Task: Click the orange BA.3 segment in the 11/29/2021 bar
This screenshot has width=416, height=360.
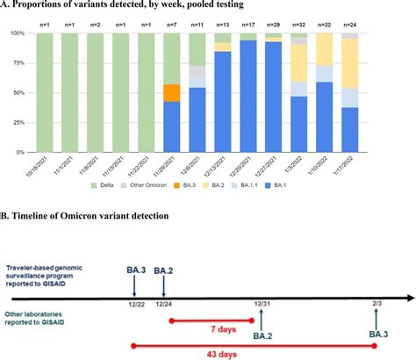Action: pyautogui.click(x=172, y=92)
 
